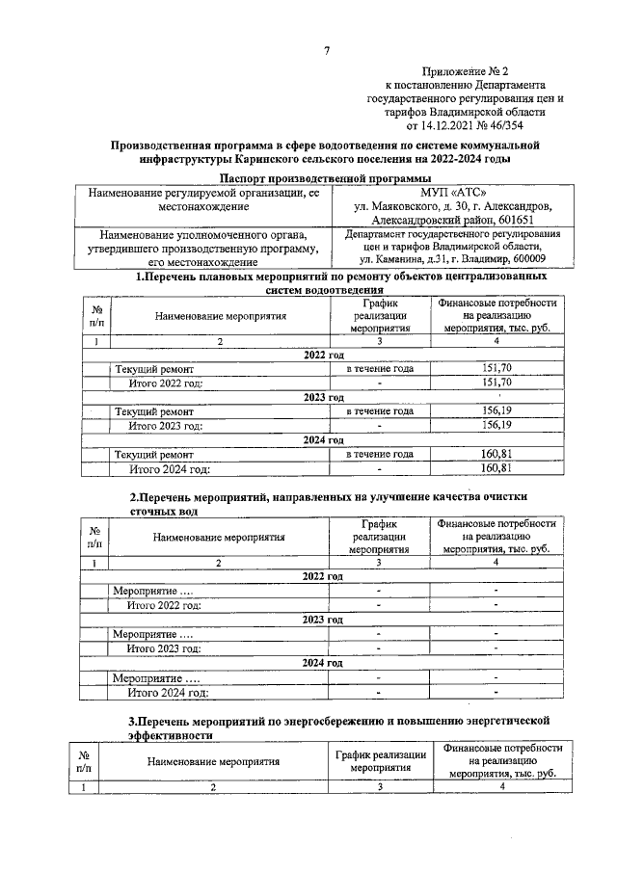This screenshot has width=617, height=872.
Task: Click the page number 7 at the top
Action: tap(327, 51)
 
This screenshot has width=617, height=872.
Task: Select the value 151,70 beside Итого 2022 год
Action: tap(495, 383)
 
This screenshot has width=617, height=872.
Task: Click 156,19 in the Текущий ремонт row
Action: tap(495, 410)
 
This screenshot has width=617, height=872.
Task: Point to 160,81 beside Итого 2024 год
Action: tap(495, 468)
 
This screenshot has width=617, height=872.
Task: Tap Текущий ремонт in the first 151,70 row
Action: tap(154, 369)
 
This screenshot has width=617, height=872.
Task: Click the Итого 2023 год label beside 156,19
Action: tap(166, 425)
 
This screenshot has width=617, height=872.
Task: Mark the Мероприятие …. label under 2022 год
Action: tap(152, 590)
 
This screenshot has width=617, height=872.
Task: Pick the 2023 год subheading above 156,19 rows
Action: tap(324, 397)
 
